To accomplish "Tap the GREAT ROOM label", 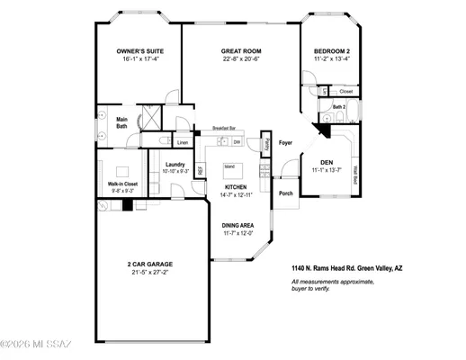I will pyautogui.click(x=240, y=51).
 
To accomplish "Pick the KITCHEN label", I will pyautogui.click(x=235, y=187).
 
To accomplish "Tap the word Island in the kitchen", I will pyautogui.click(x=229, y=166).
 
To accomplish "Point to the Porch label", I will pyautogui.click(x=285, y=193).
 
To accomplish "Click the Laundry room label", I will pyautogui.click(x=175, y=164).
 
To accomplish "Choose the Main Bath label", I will pyautogui.click(x=121, y=122).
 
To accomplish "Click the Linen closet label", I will pyautogui.click(x=182, y=142).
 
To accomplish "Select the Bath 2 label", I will pyautogui.click(x=338, y=107).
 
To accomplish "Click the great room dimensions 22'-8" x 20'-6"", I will pyautogui.click(x=240, y=59).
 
